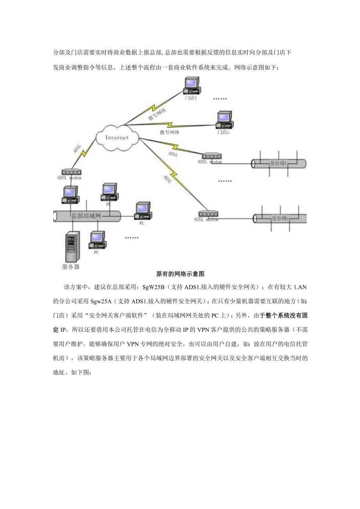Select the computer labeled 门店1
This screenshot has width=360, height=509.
(x=191, y=86)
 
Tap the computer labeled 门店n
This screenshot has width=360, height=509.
(x=225, y=120)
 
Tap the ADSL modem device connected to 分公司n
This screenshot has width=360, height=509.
(x=208, y=214)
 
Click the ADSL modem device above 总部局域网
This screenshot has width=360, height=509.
(x=71, y=172)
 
